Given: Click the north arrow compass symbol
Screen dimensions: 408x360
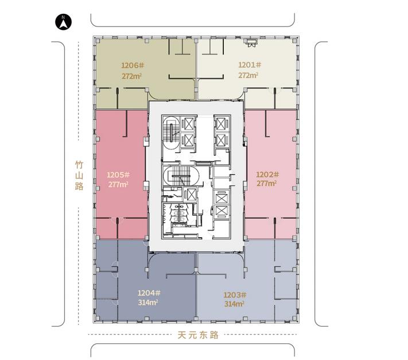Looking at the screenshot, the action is (64, 22).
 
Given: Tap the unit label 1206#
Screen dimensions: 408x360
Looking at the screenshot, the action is (133, 65).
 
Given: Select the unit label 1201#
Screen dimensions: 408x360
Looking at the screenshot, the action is (250, 65).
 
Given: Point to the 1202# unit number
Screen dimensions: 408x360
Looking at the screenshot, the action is (267, 175).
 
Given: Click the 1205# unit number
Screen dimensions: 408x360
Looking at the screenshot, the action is (118, 175).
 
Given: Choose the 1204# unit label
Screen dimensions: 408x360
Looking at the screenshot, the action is (149, 293).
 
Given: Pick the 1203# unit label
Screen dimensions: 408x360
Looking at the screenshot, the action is (235, 295).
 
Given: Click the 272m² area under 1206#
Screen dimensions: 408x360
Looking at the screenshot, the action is (131, 76).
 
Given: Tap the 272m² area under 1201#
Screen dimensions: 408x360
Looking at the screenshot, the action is (248, 75).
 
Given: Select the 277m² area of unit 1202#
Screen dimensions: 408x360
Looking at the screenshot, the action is (267, 184).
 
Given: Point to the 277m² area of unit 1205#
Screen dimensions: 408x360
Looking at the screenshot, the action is (118, 184).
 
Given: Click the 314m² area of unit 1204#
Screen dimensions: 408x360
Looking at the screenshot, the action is (148, 303).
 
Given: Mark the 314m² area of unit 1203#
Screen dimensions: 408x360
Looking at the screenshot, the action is (234, 304).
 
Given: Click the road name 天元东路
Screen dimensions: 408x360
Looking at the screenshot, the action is (198, 335).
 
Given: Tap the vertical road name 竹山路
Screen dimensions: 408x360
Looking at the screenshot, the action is (79, 176).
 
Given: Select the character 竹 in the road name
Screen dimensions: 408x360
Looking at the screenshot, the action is (79, 165).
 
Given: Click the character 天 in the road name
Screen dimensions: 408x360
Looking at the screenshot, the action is (182, 335).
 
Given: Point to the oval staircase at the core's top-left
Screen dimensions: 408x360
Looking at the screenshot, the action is (171, 133).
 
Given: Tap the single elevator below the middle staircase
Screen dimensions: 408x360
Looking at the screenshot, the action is (189, 195).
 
